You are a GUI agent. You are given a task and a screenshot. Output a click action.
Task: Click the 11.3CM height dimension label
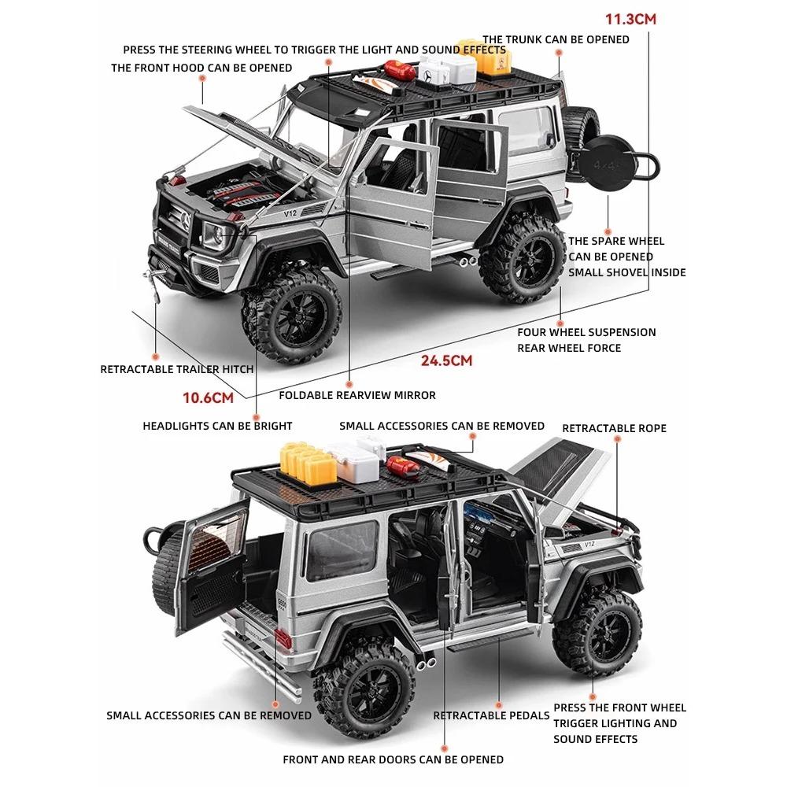630,19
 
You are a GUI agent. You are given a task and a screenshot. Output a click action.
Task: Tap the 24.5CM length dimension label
445,361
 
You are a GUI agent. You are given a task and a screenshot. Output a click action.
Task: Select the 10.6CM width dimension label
209,397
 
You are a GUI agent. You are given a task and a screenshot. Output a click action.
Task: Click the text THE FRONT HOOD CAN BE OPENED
201,68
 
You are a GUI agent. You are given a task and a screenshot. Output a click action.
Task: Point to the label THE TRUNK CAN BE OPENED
556,39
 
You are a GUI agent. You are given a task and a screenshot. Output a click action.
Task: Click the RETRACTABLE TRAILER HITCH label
177,368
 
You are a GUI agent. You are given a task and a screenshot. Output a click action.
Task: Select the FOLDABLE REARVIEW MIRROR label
357,395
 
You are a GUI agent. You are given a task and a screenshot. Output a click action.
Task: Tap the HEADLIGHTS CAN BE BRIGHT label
217,426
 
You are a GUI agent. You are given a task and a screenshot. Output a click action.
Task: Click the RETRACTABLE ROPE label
614,428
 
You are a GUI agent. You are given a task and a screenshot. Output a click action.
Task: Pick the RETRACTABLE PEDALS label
491,715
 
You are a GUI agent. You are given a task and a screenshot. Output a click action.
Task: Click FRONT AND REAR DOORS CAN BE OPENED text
393,759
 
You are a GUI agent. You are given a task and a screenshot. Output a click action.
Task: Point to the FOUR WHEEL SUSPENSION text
586,332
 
